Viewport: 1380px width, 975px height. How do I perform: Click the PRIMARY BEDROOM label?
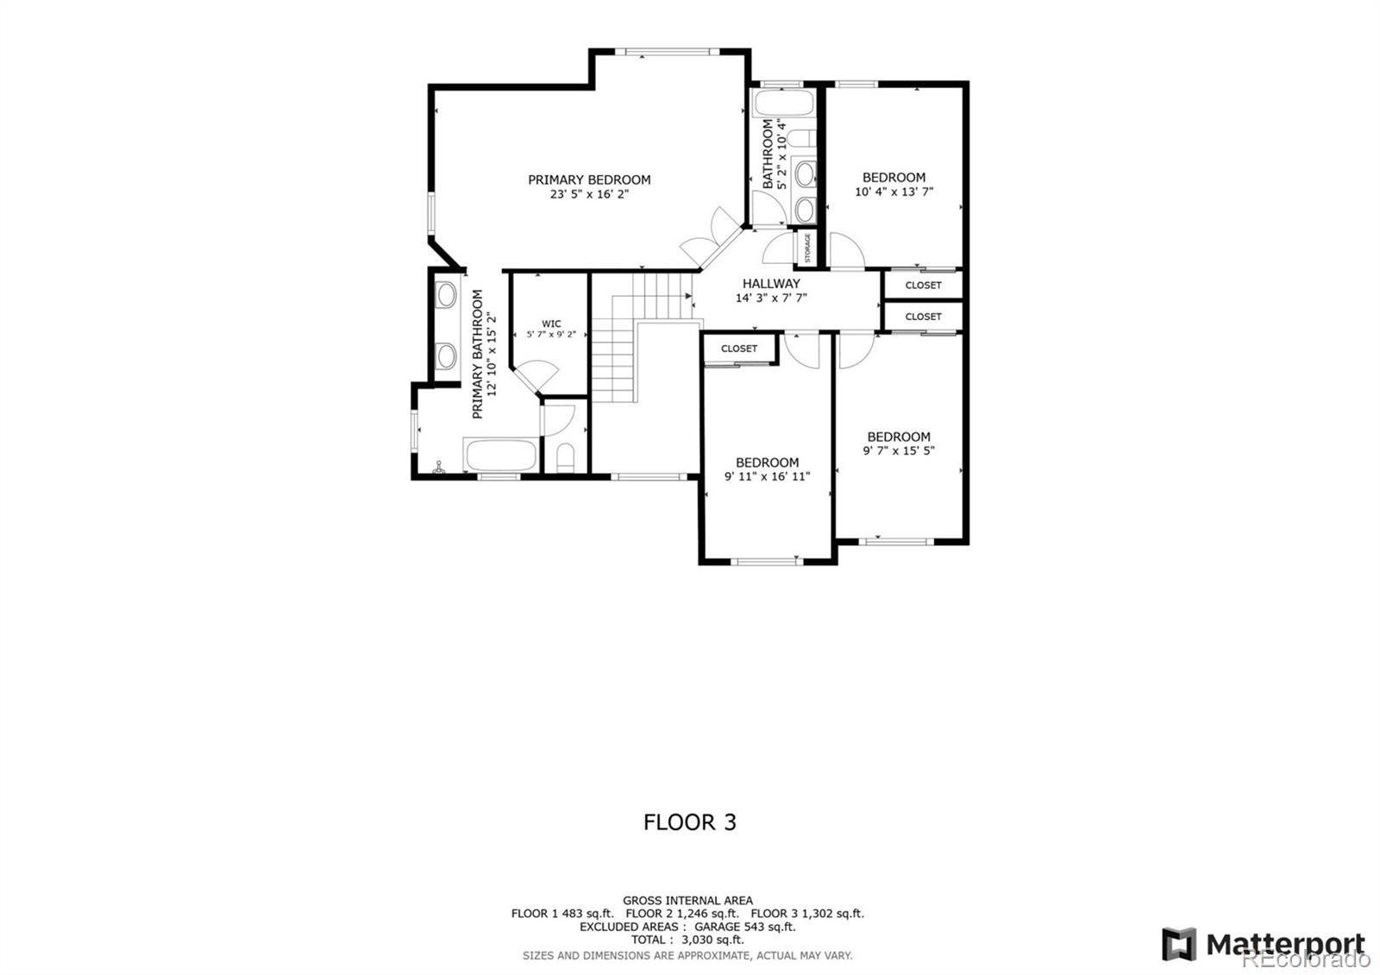pyautogui.click(x=589, y=179)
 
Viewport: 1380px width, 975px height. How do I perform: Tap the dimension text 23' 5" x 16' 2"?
pyautogui.click(x=589, y=195)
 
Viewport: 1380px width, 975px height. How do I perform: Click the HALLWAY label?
pyautogui.click(x=771, y=283)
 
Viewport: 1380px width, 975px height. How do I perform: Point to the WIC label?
pyautogui.click(x=551, y=324)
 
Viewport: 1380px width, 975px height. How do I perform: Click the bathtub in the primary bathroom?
pyautogui.click(x=501, y=456)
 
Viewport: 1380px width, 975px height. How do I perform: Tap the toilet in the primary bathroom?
pyautogui.click(x=566, y=458)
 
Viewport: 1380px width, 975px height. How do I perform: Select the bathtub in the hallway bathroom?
pyautogui.click(x=782, y=104)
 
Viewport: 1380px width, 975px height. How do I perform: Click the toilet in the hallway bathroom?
pyautogui.click(x=801, y=139)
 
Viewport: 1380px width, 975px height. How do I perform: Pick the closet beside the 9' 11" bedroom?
pyautogui.click(x=739, y=349)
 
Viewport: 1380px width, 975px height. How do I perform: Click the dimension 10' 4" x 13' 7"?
pyautogui.click(x=894, y=192)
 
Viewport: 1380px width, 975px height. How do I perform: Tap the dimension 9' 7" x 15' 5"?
pyautogui.click(x=899, y=450)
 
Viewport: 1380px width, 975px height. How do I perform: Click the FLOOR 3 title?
pyautogui.click(x=689, y=822)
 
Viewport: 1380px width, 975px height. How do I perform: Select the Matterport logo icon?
pyautogui.click(x=1178, y=944)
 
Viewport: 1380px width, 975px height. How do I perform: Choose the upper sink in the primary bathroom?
pyautogui.click(x=446, y=295)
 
